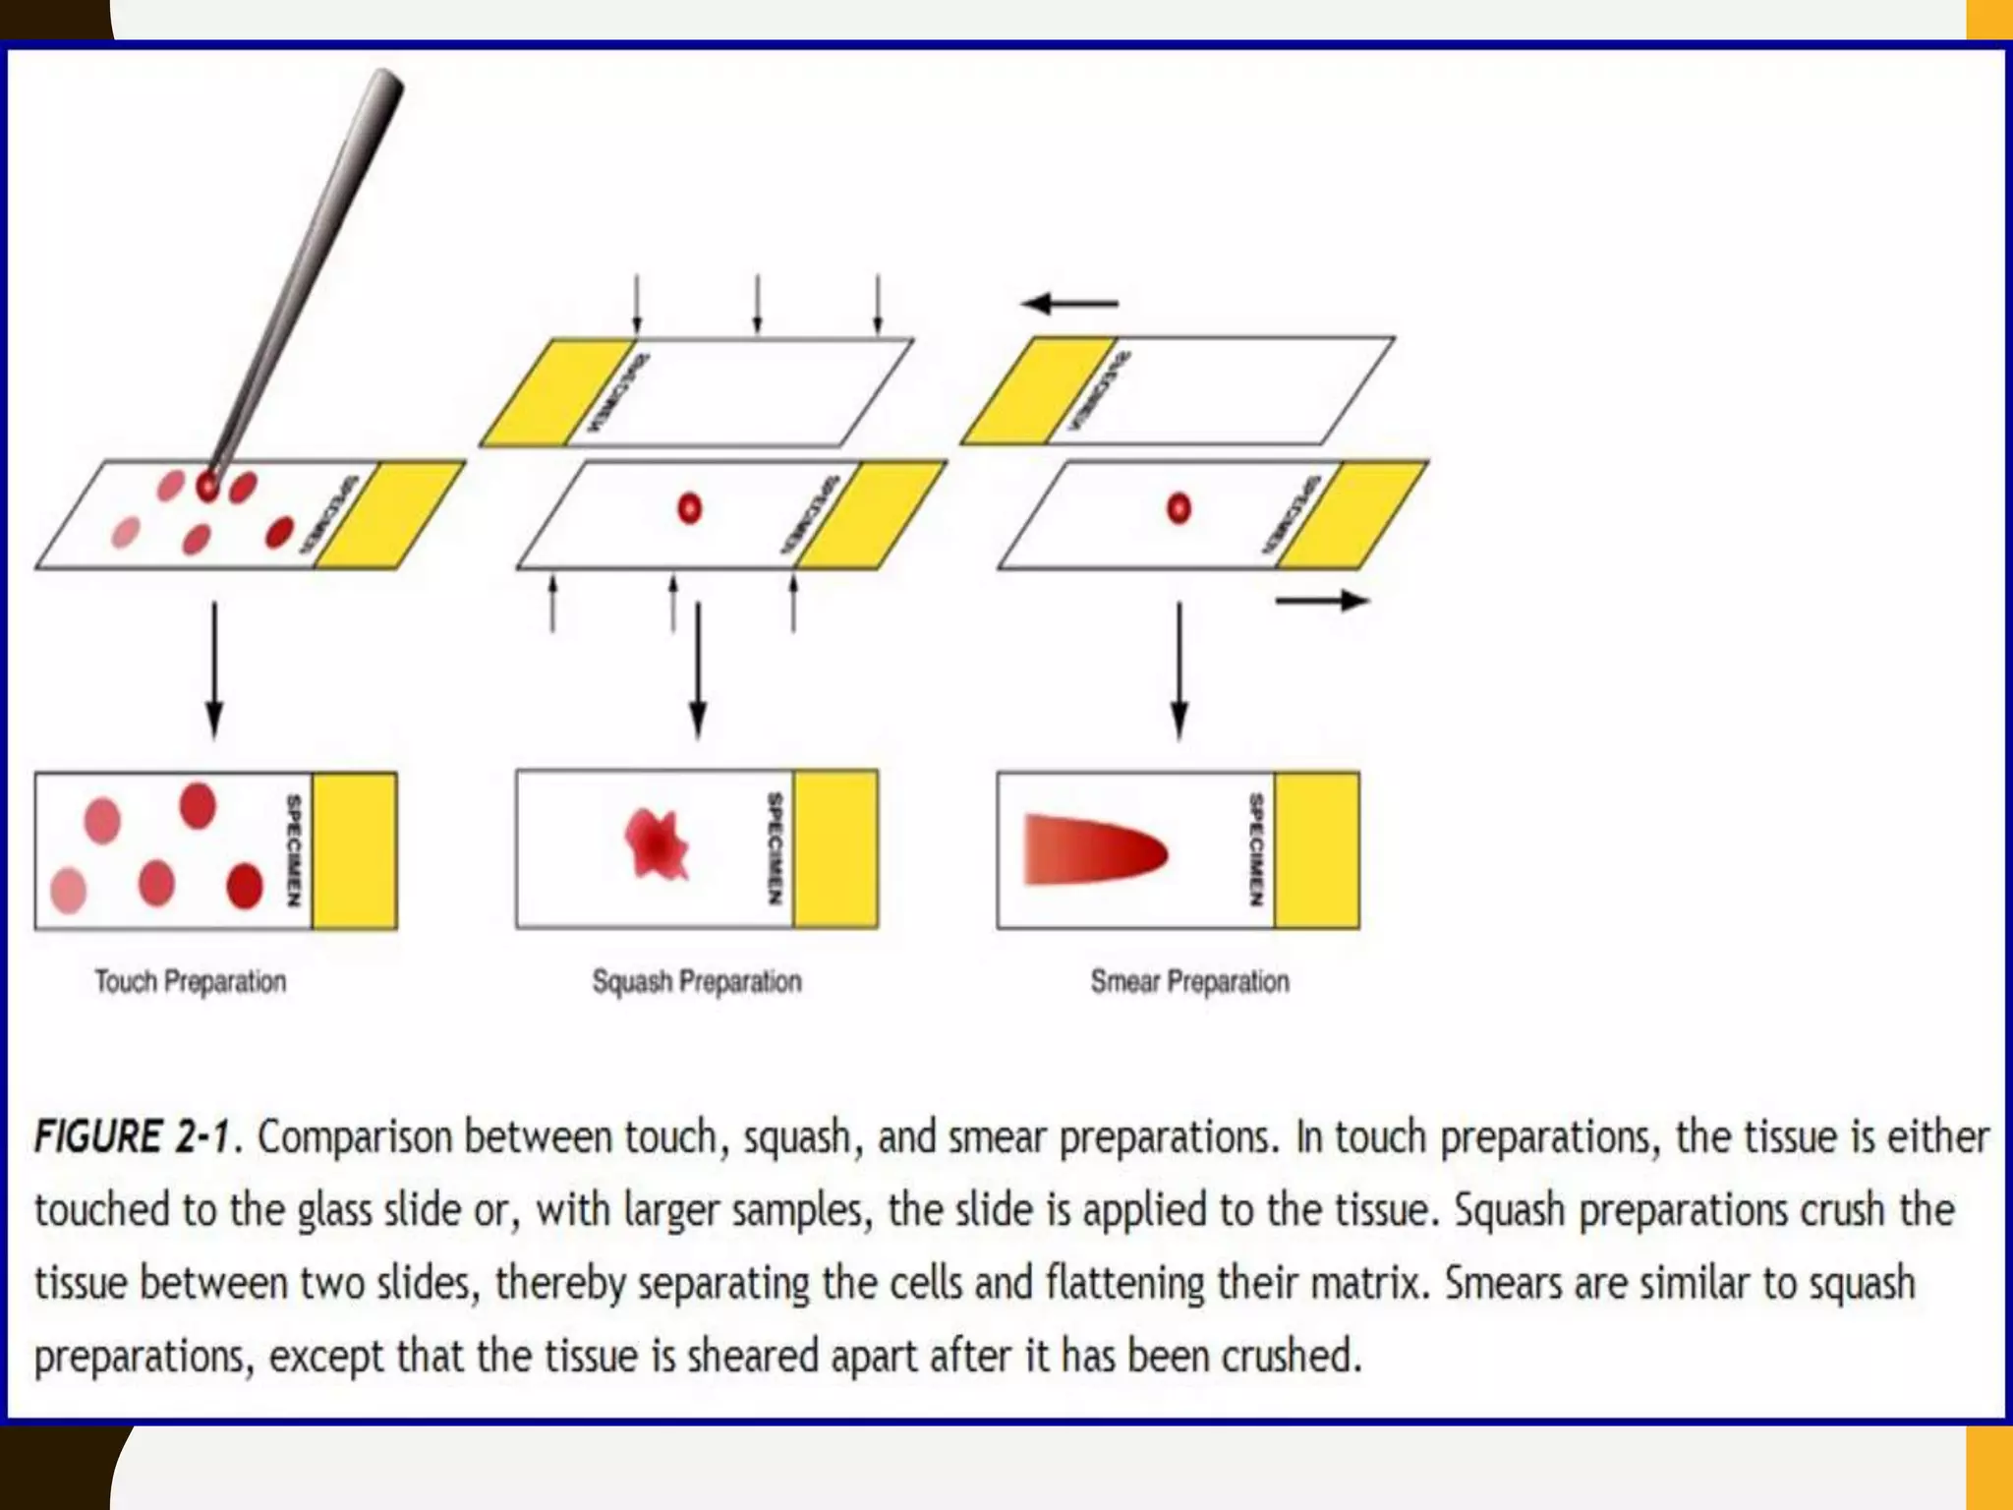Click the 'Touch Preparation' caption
coord(190,981)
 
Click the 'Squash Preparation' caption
coord(696,981)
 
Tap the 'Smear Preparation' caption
coord(1189,981)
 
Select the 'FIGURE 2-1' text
coord(132,1137)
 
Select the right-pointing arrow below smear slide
coord(1321,601)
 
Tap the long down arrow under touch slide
coord(214,669)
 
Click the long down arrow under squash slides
coord(698,669)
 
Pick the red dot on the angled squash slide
coord(689,508)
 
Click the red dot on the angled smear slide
coord(1179,508)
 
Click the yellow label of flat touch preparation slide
coord(354,850)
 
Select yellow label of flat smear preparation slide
coord(1317,850)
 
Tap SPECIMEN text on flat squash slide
coord(776,848)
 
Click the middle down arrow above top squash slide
coord(757,305)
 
